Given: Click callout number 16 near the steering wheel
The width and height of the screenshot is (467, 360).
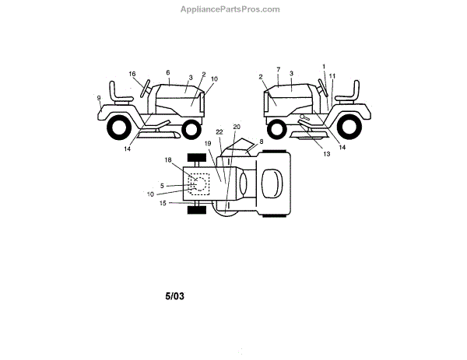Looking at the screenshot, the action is (x=132, y=75).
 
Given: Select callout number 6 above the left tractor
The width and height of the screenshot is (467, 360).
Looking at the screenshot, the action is (x=167, y=72).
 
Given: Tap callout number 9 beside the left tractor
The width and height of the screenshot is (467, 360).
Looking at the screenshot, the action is (x=99, y=97).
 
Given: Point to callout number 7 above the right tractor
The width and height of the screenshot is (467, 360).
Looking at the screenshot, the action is (x=278, y=71).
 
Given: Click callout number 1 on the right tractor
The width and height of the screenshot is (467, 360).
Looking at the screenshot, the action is (x=324, y=67).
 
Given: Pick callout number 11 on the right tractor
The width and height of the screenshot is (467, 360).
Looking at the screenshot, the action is (x=332, y=75).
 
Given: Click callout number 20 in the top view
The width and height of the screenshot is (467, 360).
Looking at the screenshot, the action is (x=237, y=126).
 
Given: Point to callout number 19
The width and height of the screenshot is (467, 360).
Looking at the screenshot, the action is (x=208, y=144).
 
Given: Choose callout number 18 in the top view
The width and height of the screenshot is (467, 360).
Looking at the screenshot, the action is (x=167, y=159).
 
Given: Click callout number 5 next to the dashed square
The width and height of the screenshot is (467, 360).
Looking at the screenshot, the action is (x=162, y=185).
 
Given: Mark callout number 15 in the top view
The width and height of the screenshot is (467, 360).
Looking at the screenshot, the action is (x=163, y=203).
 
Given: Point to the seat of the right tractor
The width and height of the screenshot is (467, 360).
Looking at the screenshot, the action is (x=348, y=93).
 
